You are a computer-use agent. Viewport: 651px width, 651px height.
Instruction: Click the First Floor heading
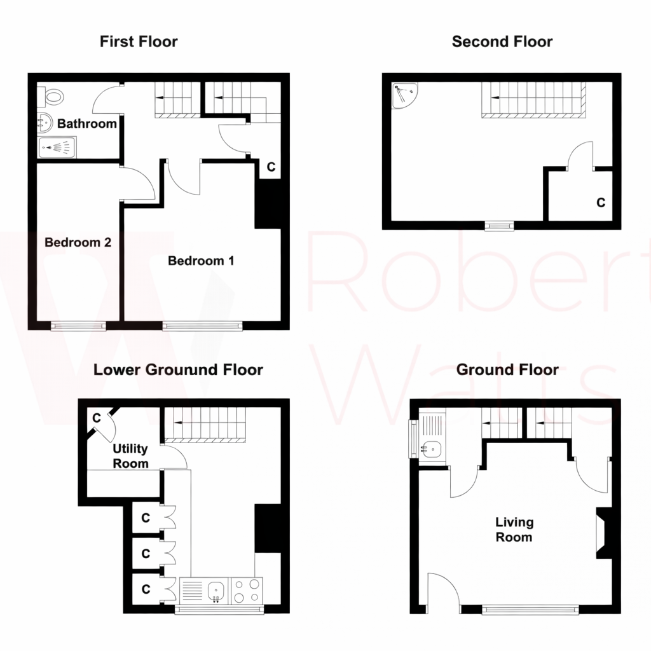(139, 42)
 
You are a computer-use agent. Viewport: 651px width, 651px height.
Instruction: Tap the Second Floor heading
(502, 42)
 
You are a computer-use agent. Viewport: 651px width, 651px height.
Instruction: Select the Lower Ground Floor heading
(178, 369)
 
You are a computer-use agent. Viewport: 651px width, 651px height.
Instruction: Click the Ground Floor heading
(507, 369)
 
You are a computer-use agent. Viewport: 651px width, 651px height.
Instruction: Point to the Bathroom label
(87, 124)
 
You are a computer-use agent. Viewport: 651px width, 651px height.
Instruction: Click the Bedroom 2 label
(78, 242)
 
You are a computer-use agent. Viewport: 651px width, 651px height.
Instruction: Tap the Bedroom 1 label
(201, 261)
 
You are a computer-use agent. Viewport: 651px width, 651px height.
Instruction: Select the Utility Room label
(130, 456)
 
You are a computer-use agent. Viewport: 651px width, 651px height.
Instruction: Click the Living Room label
(514, 530)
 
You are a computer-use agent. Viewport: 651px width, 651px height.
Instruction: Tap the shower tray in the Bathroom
(57, 149)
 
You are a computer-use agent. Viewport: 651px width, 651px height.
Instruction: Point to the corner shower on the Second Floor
(402, 96)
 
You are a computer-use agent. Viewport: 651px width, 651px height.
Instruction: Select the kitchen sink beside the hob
(216, 590)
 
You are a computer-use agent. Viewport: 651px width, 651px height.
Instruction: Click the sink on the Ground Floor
(432, 449)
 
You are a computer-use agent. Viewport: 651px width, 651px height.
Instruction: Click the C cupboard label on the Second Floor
(600, 203)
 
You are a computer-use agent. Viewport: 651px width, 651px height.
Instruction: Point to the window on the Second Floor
(499, 225)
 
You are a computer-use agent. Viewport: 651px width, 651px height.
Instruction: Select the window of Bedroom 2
(79, 325)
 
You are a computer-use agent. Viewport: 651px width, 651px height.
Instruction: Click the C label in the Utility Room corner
(97, 418)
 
